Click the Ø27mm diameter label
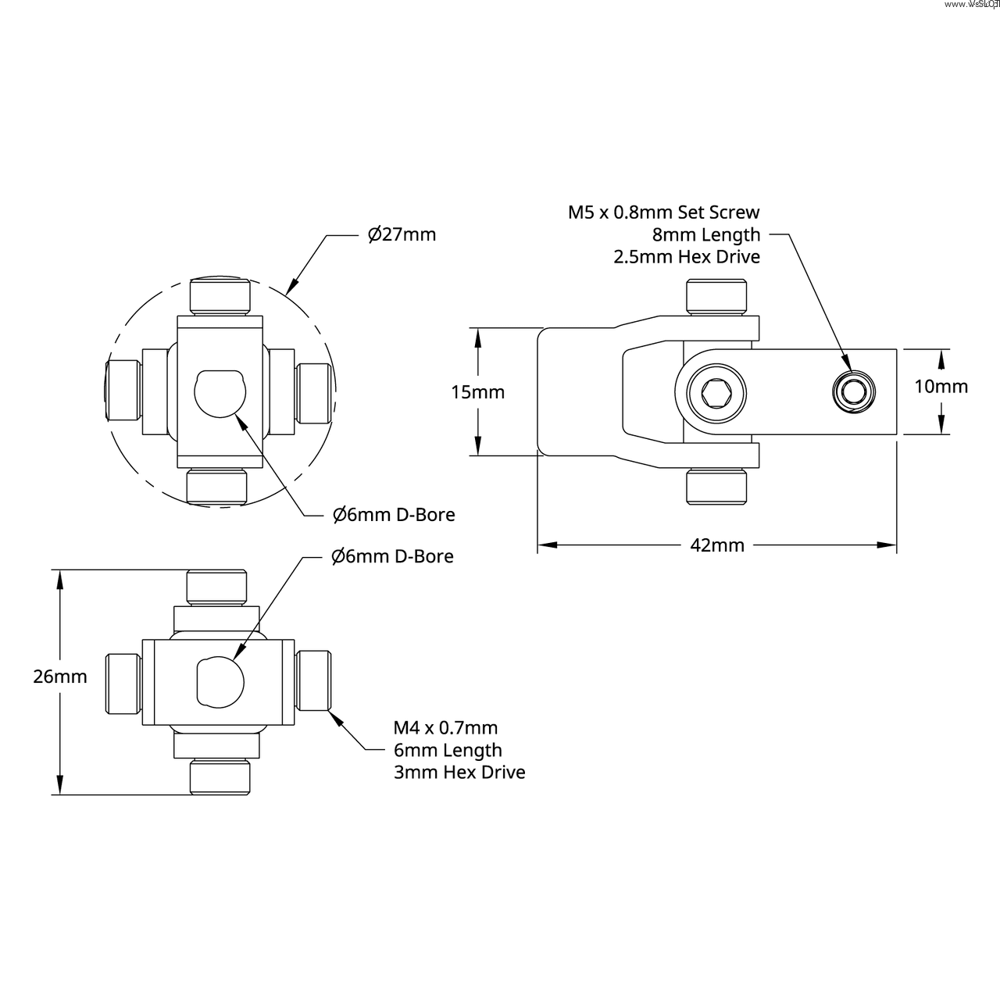402,234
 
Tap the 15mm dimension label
477,392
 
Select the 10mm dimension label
941,386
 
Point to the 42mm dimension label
716,545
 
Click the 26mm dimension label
60,677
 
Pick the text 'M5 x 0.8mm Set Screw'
663,212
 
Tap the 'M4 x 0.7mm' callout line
445,728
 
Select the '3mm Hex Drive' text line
459,773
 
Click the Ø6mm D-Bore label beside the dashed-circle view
394,515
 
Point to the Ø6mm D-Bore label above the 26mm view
392,556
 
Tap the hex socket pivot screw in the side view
716,392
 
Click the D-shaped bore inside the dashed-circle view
220,394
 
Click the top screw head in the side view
717,298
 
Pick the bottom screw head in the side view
717,486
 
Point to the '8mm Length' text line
706,234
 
